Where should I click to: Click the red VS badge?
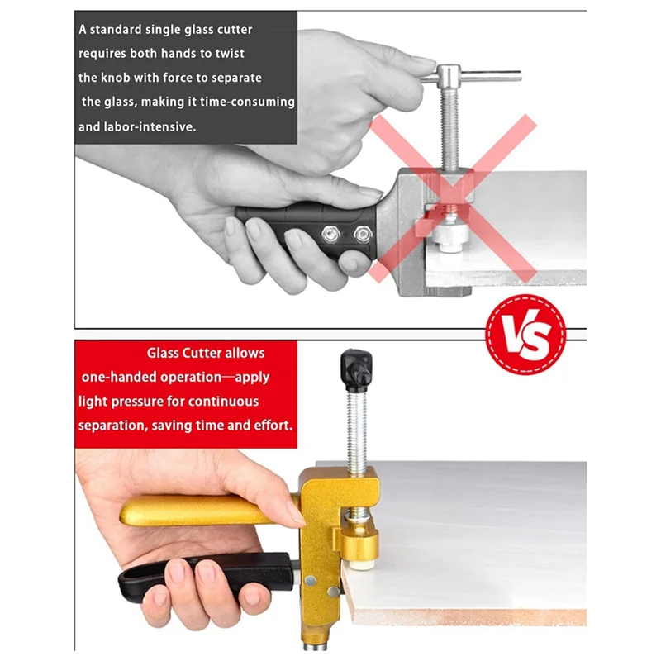point(525,331)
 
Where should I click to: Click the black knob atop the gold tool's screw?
point(355,369)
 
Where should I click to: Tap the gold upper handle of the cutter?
point(198,511)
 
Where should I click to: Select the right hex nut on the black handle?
point(361,234)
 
